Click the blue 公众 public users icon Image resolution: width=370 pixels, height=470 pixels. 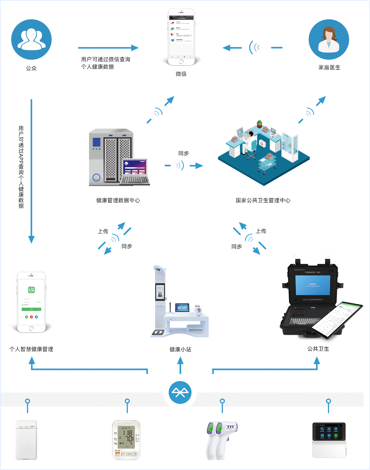pos(31,39)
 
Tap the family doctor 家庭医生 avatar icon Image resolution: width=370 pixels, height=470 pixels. pos(329,39)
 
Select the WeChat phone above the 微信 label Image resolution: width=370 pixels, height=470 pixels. pos(181,37)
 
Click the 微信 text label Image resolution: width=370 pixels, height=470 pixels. pos(181,74)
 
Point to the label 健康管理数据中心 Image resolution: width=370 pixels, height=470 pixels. pos(118,200)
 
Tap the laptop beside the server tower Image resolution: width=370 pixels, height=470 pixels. pos(135,172)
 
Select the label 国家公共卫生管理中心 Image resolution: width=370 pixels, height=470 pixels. pos(263,200)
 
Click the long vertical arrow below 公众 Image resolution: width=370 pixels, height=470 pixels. pos(31,171)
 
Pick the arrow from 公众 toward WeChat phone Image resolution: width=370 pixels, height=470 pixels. pos(108,48)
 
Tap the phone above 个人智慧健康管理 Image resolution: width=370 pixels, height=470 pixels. pos(31,302)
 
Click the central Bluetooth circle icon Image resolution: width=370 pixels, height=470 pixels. pos(180,392)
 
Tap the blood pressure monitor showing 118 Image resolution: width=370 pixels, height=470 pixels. pos(126,440)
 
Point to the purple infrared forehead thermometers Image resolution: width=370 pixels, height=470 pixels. pos(221,440)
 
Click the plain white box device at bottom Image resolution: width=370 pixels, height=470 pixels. pos(26,440)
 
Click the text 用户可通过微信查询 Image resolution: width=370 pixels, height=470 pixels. pos(106,59)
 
